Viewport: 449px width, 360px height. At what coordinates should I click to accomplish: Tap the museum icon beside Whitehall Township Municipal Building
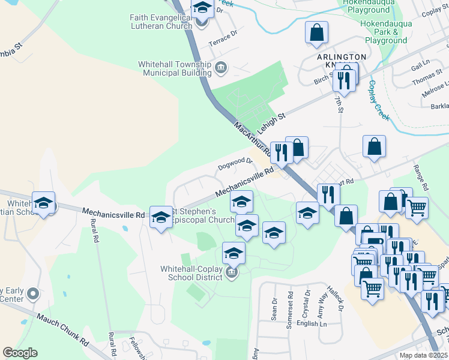coord(220,67)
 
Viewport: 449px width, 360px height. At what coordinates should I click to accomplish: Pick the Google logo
coord(20,353)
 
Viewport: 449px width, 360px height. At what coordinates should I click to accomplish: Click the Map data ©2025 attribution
coord(423,355)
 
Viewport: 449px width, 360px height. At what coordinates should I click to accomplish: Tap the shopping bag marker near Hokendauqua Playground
coord(316,33)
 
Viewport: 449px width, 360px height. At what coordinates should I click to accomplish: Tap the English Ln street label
coord(312,323)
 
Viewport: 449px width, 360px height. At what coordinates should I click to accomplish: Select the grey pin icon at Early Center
coord(33,294)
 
